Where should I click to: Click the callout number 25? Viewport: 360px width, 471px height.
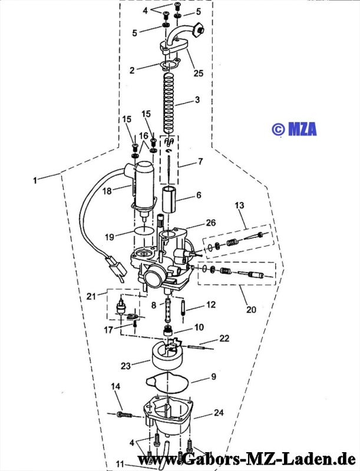tap(199, 73)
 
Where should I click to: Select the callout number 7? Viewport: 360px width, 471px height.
tap(200, 161)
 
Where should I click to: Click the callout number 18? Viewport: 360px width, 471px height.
tap(107, 191)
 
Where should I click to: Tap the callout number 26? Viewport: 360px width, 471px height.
tap(211, 223)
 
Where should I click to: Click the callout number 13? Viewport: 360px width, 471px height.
tap(239, 205)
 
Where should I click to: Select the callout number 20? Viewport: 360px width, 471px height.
tap(251, 309)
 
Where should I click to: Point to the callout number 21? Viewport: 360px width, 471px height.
tap(91, 296)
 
